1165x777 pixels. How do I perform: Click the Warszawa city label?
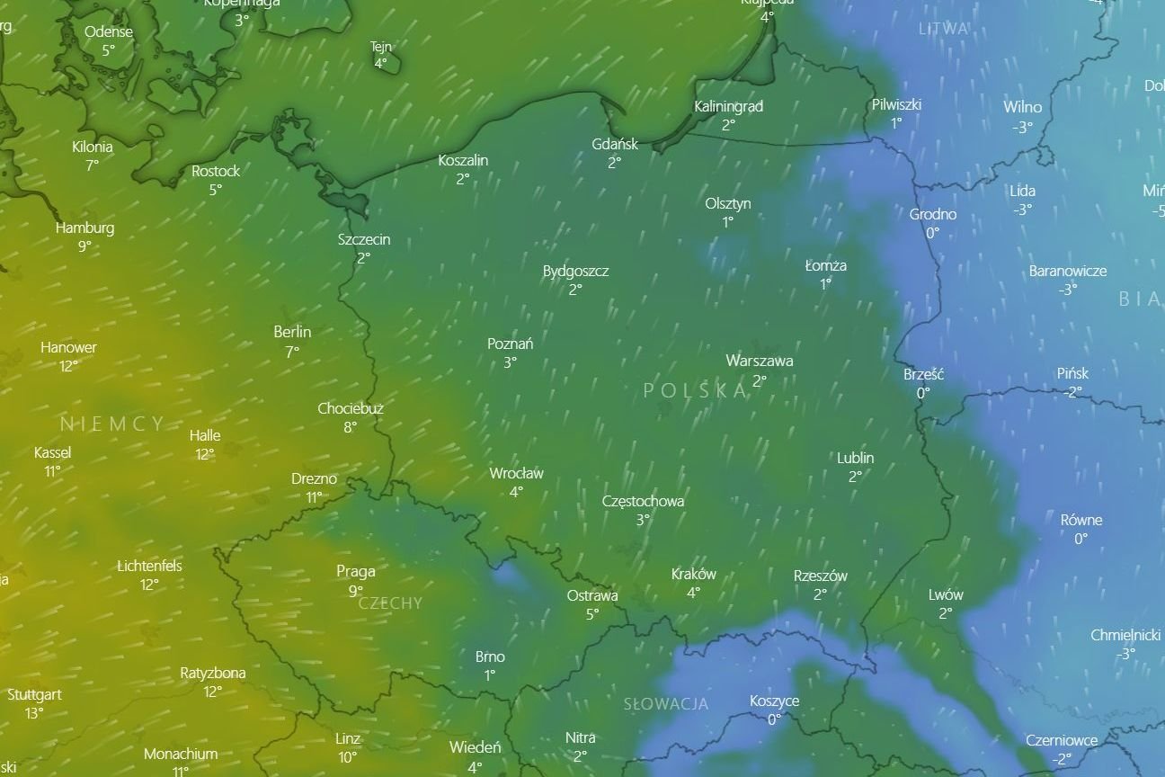(x=760, y=361)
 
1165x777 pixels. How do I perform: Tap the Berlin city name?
(x=292, y=332)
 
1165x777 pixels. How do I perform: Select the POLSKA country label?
(x=696, y=389)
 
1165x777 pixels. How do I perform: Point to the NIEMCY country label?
(x=113, y=424)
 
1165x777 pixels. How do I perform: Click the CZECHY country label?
(x=390, y=603)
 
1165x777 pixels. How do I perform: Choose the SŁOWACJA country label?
(x=666, y=704)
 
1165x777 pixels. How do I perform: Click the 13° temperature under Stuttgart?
(x=34, y=713)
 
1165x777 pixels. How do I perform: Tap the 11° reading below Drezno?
(x=314, y=497)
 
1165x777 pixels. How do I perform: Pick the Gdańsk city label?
(x=615, y=144)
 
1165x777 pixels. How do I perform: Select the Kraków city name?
(x=694, y=574)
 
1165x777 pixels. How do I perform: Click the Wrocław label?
(x=516, y=473)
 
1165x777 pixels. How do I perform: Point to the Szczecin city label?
(x=364, y=239)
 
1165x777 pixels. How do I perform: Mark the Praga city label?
(x=356, y=571)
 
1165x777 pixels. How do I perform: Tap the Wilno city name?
(x=1023, y=108)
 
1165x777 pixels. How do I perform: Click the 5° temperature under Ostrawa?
(x=592, y=614)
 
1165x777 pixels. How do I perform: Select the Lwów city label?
(x=946, y=594)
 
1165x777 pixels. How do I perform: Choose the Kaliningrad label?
(x=728, y=106)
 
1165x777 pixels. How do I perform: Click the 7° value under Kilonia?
(x=92, y=165)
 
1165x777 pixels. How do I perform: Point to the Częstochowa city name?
(x=643, y=501)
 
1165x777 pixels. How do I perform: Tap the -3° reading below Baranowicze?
(x=1067, y=290)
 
